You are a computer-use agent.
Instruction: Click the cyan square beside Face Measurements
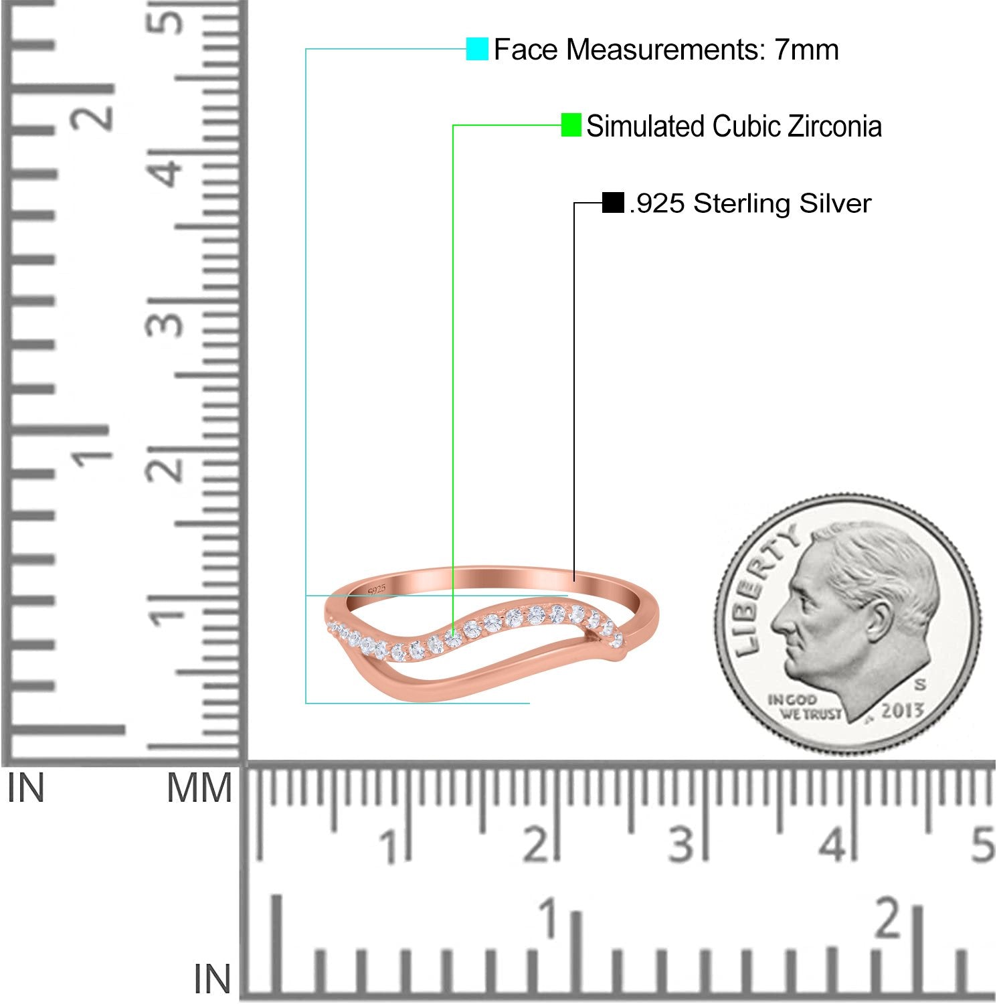pos(477,49)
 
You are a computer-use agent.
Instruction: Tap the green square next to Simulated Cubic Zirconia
pos(571,125)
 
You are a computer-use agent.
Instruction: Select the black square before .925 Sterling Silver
pos(613,203)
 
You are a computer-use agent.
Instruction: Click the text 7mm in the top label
pos(806,50)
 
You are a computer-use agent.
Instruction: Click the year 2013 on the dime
pos(902,710)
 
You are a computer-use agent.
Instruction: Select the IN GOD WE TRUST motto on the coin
pos(804,707)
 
